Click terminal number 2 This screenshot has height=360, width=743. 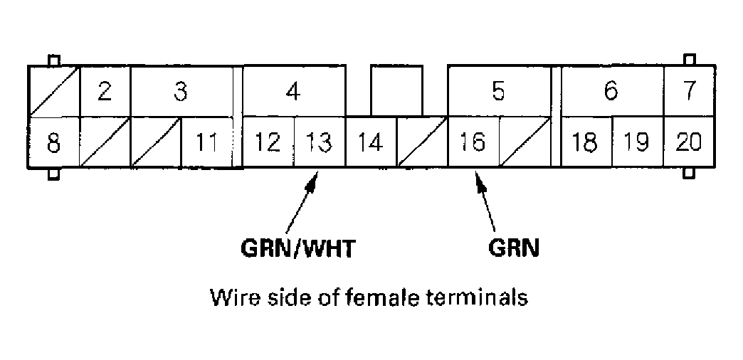[x=105, y=92]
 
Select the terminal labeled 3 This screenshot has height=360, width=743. [x=181, y=92]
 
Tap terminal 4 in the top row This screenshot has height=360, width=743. [x=293, y=92]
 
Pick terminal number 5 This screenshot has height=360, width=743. [x=499, y=92]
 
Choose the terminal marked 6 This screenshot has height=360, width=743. [x=611, y=92]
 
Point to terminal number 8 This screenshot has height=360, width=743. [x=53, y=142]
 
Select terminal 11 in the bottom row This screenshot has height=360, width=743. [x=207, y=142]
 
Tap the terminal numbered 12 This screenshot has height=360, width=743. [x=268, y=142]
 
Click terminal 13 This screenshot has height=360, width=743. [x=319, y=142]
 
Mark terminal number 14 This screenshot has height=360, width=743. [x=370, y=142]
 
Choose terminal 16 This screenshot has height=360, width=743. [x=473, y=142]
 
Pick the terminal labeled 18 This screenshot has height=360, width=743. [x=586, y=142]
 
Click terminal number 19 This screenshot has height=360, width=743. [x=637, y=142]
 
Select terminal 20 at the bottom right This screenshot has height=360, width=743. [x=689, y=142]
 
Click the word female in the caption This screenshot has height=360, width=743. [x=381, y=296]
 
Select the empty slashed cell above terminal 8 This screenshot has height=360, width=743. [x=53, y=92]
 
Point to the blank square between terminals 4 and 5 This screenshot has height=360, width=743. [x=396, y=90]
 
